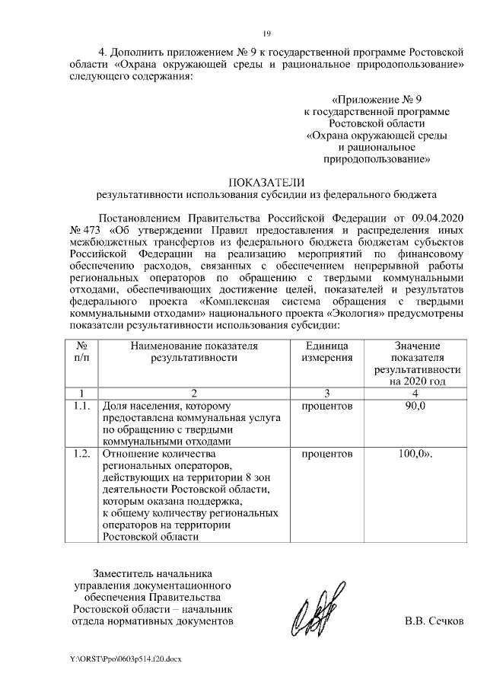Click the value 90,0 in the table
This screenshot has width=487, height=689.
click(415, 407)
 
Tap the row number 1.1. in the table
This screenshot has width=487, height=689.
click(82, 407)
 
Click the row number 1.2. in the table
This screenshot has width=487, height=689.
click(82, 455)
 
